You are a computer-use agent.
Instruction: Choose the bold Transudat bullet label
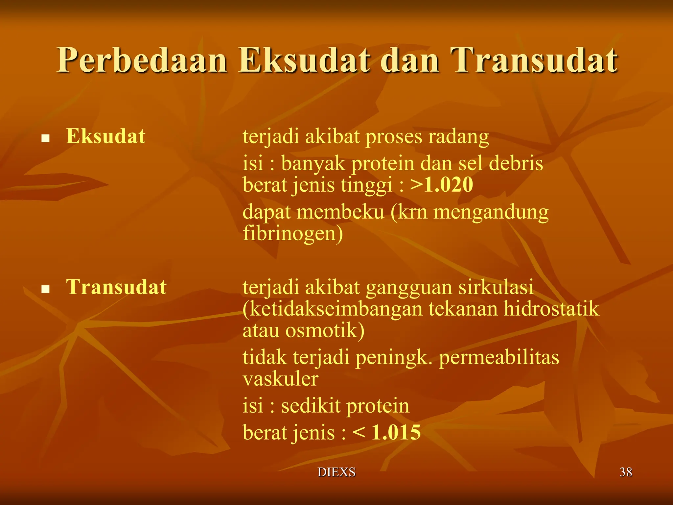[116, 287]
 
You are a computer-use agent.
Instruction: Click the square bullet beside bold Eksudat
[45, 138]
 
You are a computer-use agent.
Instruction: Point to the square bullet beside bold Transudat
[45, 289]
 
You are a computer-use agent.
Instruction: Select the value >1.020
[442, 184]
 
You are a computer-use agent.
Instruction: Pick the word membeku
[340, 212]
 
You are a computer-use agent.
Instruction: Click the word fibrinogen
[293, 234]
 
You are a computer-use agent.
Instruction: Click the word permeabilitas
[499, 357]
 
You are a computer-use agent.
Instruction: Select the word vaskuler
[280, 379]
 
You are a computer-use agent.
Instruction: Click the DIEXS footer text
[336, 472]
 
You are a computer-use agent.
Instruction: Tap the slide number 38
[626, 472]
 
